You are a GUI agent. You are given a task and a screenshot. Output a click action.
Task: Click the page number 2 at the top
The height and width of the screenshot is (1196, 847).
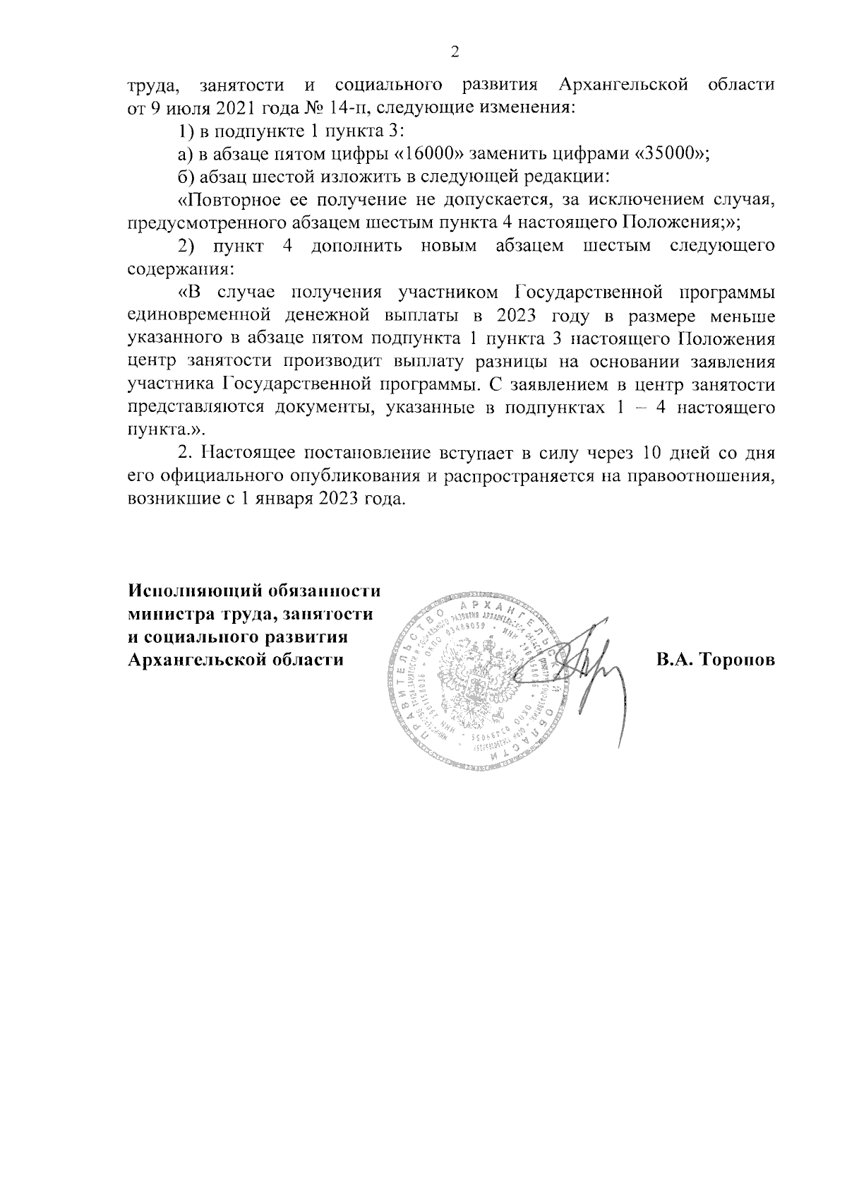pos(455,52)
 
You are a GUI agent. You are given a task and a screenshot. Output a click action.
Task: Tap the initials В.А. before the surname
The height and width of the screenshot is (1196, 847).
pos(677,660)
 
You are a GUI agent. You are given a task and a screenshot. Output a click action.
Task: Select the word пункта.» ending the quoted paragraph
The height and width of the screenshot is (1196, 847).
pos(160,430)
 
